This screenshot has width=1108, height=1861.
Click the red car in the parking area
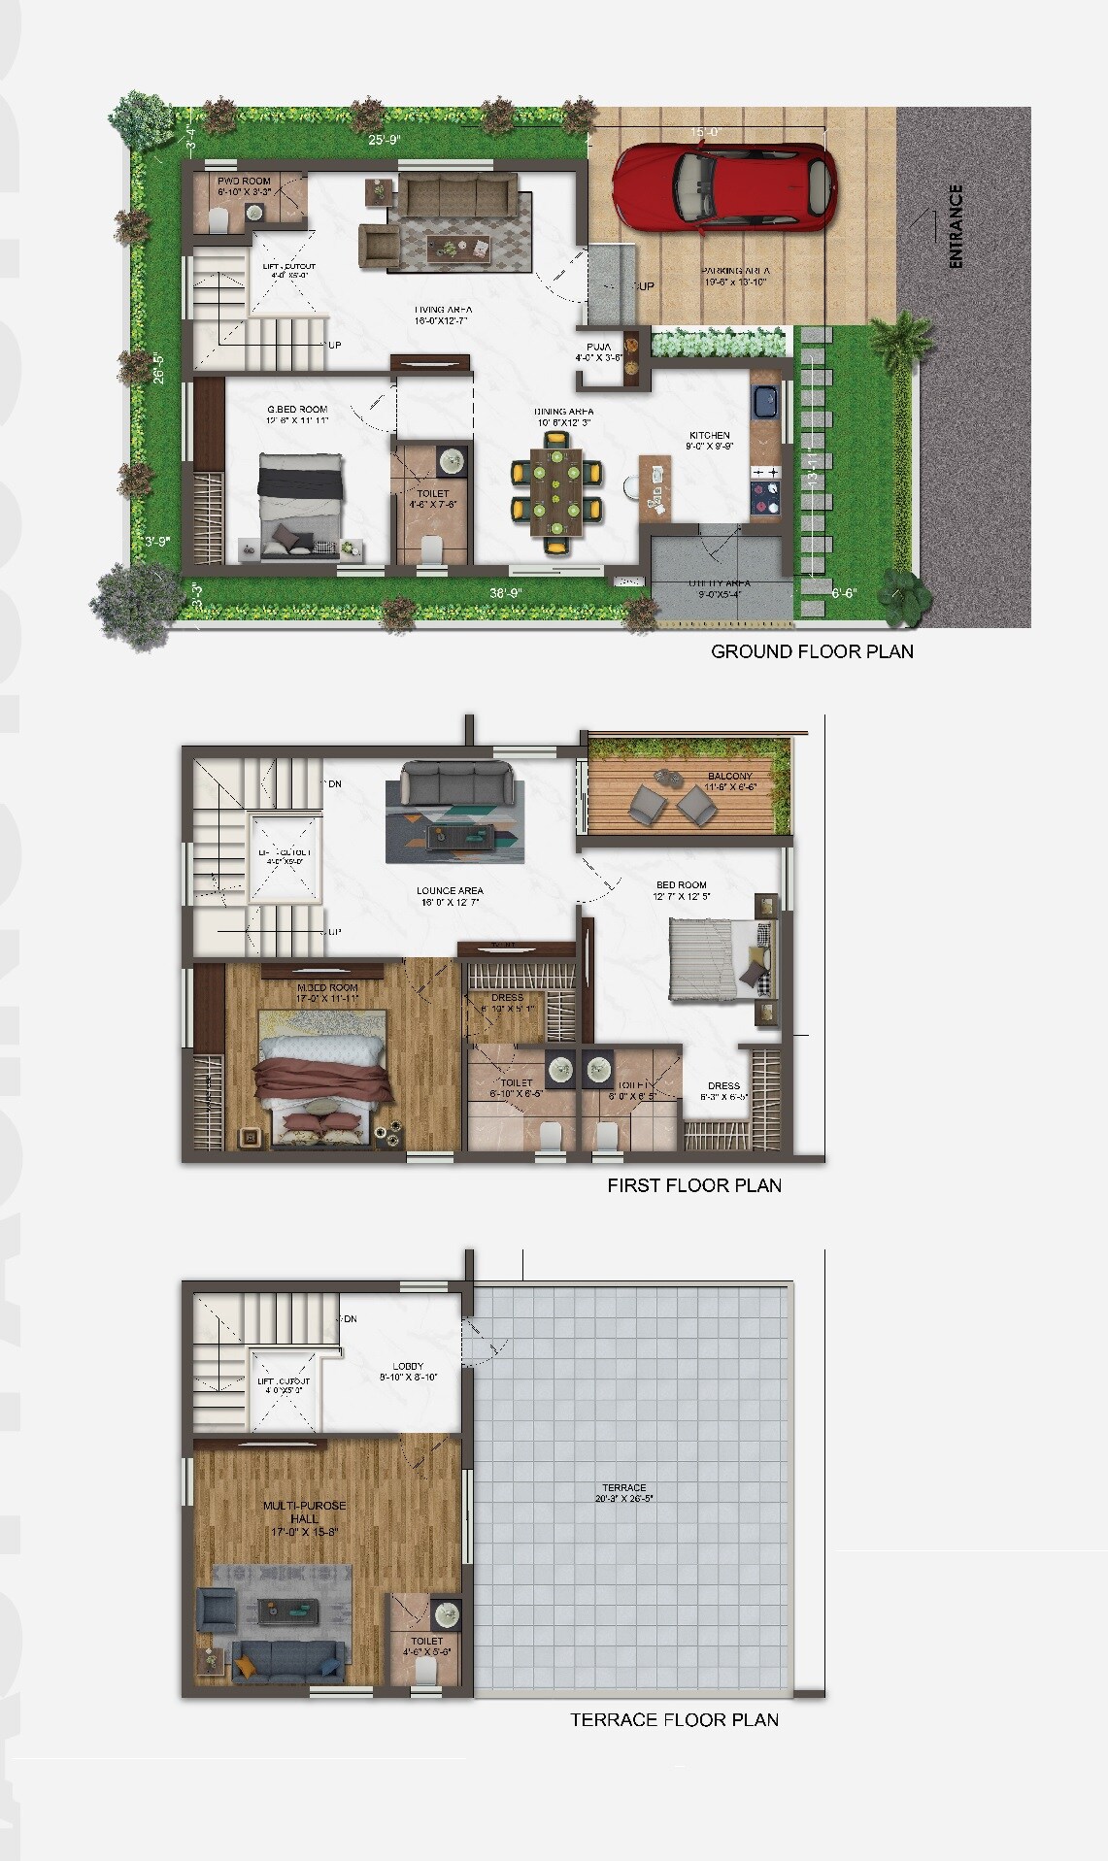[723, 188]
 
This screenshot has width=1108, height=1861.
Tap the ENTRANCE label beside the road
[956, 226]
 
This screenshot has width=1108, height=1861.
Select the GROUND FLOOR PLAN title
[812, 651]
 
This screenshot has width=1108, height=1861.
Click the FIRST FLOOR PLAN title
[694, 1185]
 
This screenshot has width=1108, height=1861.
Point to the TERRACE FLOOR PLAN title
[674, 1719]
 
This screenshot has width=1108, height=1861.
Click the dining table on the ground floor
[556, 494]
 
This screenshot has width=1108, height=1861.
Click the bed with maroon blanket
[324, 1080]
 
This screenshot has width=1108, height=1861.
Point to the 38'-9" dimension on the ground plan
[507, 591]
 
